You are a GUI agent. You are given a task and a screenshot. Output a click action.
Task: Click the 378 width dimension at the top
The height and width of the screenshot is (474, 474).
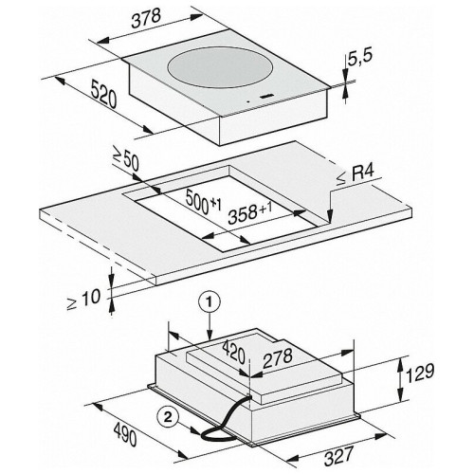click(146, 18)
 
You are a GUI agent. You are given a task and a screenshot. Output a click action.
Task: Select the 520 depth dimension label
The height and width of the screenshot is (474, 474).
click(104, 94)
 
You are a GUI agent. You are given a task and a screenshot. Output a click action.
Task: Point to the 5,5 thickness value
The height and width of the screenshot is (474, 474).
click(360, 58)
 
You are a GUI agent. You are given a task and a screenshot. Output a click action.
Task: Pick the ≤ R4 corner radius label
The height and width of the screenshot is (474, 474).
click(355, 174)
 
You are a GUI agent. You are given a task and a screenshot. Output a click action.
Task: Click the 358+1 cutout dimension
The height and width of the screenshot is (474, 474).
click(250, 212)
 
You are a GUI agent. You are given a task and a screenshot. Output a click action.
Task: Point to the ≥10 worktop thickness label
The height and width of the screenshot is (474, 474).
click(83, 300)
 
